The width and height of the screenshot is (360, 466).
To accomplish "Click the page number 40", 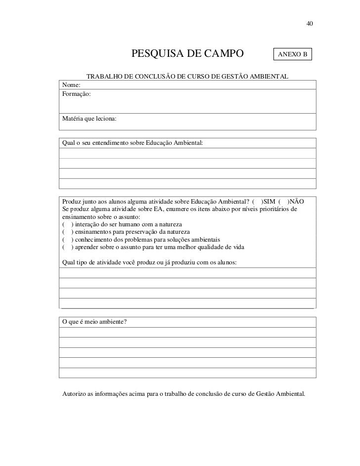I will [310, 24].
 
